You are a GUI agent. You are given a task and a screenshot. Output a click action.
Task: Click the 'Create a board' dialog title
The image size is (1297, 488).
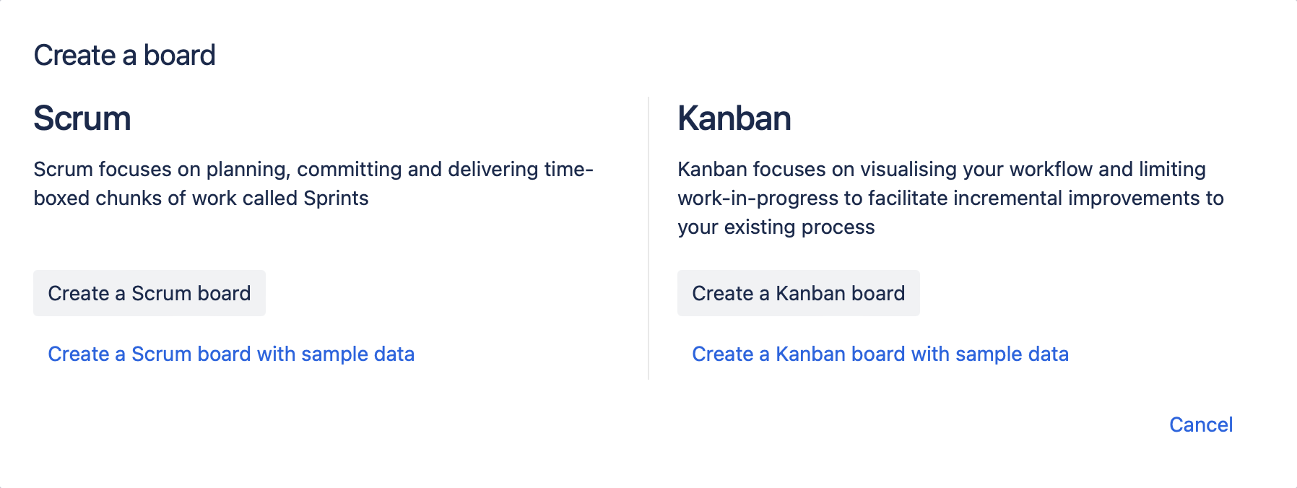124,55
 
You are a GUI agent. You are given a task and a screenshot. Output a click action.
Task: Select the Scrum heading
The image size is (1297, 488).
82,118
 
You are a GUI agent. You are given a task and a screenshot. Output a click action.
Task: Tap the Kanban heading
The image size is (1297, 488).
734,118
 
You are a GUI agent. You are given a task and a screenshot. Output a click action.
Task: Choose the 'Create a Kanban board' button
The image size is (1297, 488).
799,293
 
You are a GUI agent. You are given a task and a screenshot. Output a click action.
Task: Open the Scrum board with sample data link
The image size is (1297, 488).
231,354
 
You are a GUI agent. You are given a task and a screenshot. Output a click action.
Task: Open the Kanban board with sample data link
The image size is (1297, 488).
880,354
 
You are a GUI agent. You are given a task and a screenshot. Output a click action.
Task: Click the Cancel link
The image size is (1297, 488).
1201,424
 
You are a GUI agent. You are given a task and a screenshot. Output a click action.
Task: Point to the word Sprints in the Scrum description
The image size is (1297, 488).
336,199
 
